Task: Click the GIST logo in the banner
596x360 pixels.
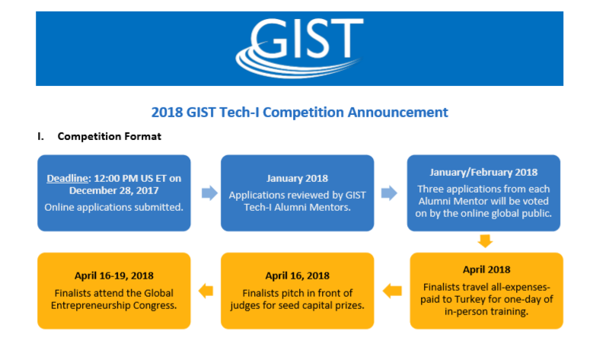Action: tap(299, 47)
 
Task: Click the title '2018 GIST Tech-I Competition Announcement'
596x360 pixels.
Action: tap(299, 113)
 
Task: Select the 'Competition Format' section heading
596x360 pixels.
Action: tap(110, 136)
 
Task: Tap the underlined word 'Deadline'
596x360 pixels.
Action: tap(67, 178)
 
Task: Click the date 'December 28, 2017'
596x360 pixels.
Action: tap(113, 190)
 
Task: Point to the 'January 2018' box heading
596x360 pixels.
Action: tap(298, 178)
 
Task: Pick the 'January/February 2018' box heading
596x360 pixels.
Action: tap(483, 172)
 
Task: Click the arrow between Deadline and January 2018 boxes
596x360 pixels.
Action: tap(209, 193)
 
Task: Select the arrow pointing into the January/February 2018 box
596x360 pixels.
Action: tap(389, 193)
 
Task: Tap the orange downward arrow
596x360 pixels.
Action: tap(485, 241)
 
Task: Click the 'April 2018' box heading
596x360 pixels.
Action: tap(486, 269)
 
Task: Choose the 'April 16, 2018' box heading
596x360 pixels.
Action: tap(298, 276)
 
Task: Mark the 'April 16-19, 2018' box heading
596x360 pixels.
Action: tap(114, 276)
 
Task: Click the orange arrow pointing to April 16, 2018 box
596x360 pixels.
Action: tap(392, 292)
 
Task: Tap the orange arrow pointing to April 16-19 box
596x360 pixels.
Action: tap(206, 292)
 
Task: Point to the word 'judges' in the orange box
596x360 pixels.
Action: tap(244, 306)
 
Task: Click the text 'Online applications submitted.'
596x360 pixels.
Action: tap(113, 207)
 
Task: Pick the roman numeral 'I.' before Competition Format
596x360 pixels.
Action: tap(40, 136)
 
